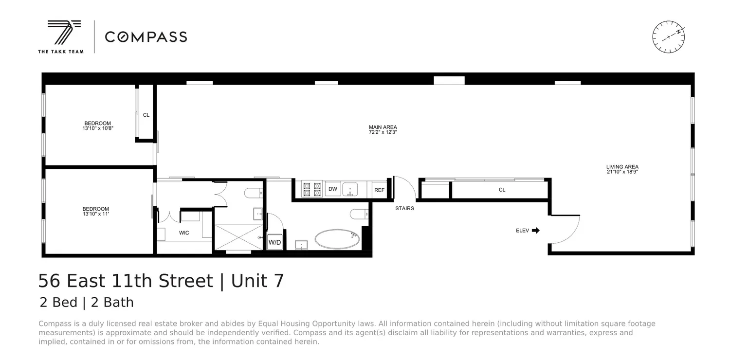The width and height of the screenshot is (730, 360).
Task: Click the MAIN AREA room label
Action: (383, 127)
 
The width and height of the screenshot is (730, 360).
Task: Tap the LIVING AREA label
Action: (622, 167)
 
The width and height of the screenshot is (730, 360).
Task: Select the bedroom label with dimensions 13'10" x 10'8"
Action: (97, 124)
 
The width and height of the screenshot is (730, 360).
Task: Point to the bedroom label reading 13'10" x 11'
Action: (95, 209)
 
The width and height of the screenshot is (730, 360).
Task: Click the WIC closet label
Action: (184, 233)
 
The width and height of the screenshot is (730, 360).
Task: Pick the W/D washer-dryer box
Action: (274, 242)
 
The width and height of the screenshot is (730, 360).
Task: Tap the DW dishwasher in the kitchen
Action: (333, 189)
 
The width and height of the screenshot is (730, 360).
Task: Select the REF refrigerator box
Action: (379, 190)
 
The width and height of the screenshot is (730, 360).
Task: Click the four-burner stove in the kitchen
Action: (312, 189)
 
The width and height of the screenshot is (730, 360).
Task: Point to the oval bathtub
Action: (337, 239)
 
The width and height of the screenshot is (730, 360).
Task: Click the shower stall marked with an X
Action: (238, 238)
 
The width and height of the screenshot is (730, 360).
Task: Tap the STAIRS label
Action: (404, 209)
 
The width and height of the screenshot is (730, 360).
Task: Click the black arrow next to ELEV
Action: (536, 231)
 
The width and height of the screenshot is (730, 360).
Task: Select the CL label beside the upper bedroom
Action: (146, 115)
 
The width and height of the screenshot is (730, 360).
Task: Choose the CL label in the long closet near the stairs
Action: (502, 190)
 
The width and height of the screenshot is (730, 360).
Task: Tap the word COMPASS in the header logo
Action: (146, 37)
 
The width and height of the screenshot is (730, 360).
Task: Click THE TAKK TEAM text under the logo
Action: (61, 52)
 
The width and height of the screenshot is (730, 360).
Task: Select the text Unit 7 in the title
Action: (257, 281)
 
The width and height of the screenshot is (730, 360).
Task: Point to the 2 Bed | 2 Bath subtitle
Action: (87, 303)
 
